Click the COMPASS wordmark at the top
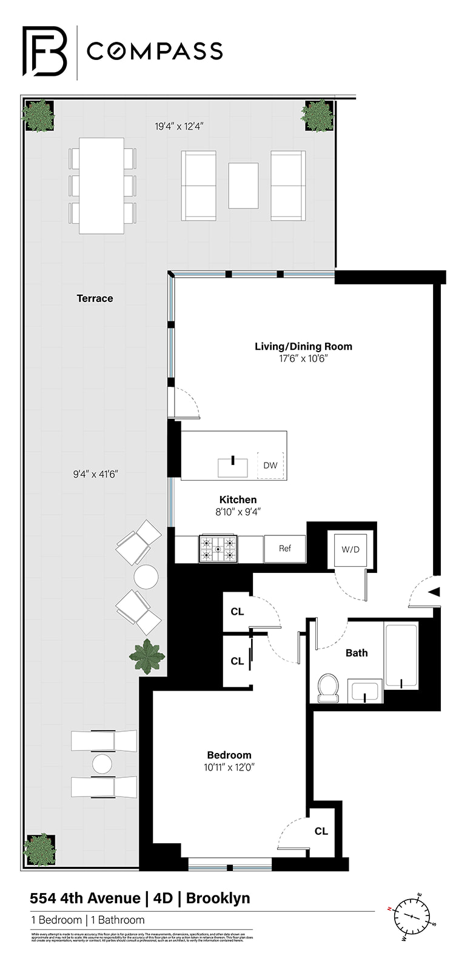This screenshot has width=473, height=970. click(155, 52)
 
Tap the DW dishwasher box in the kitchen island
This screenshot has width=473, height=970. click(270, 466)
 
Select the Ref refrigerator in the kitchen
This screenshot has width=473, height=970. click(285, 549)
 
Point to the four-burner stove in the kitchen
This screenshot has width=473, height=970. click(218, 549)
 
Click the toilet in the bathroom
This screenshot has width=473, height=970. click(328, 687)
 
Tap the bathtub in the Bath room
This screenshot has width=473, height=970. click(401, 656)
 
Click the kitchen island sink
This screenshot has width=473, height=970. click(233, 467)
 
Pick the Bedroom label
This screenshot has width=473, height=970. click(229, 755)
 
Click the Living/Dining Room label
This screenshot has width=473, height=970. click(303, 347)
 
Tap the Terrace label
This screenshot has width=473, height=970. click(95, 298)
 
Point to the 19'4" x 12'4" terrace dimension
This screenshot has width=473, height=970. click(179, 127)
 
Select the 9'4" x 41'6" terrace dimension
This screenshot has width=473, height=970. click(95, 474)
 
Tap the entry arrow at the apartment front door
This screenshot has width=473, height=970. click(434, 592)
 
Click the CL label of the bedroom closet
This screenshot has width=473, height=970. click(321, 831)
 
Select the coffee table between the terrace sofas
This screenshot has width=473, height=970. click(243, 186)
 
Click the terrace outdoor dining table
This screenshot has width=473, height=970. click(102, 186)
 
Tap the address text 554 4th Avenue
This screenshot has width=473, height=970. click(85, 898)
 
